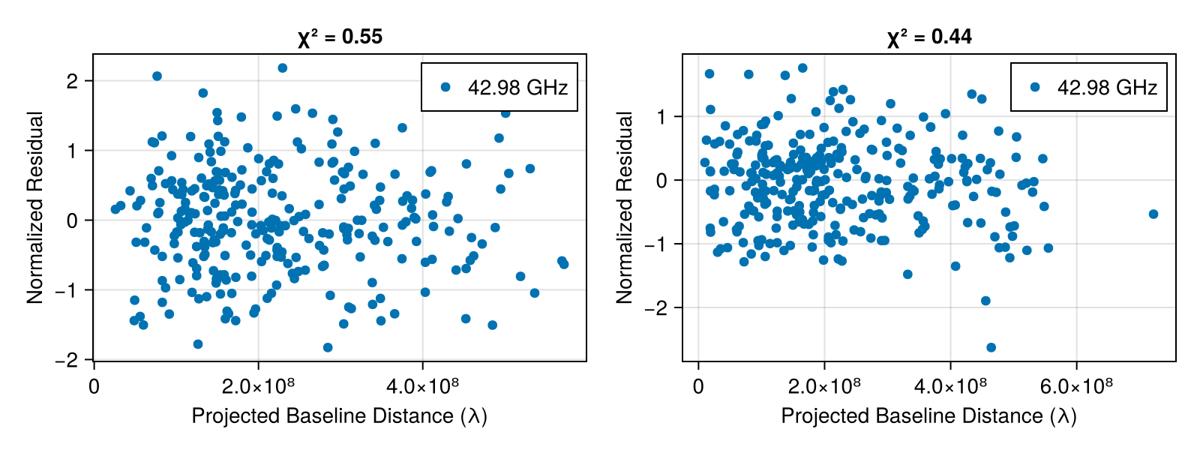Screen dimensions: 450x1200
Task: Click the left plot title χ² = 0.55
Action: point(340,37)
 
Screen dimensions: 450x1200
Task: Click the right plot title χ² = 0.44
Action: point(929,37)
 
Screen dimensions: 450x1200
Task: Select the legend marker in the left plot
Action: point(446,87)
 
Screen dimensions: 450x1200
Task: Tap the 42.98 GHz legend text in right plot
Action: point(1107,88)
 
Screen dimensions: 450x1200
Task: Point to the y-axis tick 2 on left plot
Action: point(72,81)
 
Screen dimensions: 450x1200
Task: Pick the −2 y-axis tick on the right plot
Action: point(655,308)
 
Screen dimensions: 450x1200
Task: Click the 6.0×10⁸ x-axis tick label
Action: point(1076,387)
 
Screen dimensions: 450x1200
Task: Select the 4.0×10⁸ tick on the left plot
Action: point(422,387)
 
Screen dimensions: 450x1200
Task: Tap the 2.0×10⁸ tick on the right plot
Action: point(824,387)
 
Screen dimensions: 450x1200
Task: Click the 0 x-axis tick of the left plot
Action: point(94,387)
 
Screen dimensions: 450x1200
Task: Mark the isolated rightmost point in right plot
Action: point(1153,214)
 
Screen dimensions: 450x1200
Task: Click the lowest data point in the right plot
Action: point(991,347)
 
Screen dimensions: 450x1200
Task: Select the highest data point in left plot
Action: point(283,68)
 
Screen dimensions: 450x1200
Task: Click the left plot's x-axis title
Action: point(340,416)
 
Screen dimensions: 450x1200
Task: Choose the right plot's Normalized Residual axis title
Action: point(625,208)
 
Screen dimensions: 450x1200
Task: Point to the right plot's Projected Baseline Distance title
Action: point(929,416)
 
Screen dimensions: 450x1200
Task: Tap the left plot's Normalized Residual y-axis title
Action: point(35,208)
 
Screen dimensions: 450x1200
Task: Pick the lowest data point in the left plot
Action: point(328,347)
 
